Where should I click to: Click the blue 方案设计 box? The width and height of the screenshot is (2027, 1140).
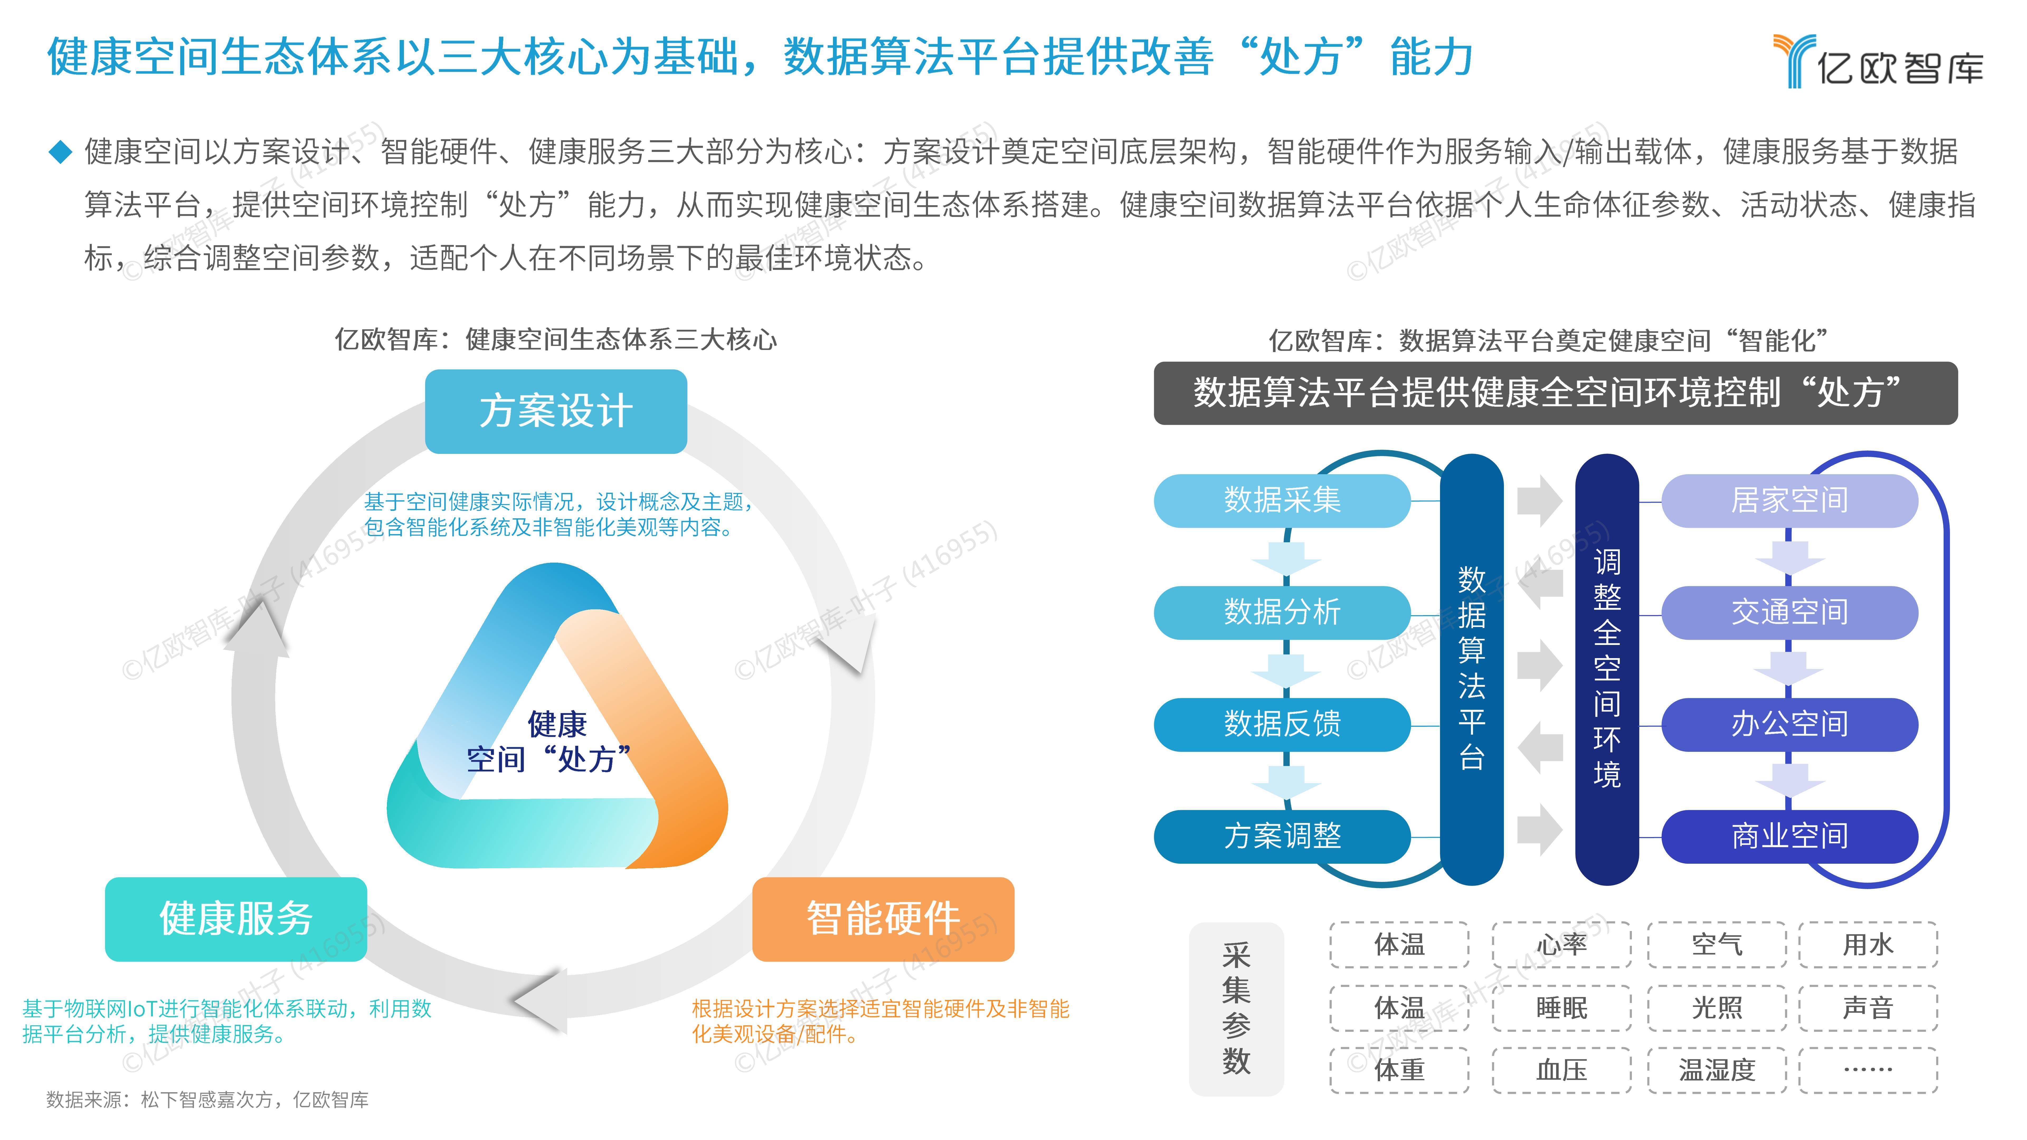[556, 411]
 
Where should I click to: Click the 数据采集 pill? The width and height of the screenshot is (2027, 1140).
[1282, 500]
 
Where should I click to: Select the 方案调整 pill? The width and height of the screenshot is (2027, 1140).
[1282, 836]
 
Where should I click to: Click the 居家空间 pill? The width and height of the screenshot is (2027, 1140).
[1789, 500]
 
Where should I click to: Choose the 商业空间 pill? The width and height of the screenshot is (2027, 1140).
[1789, 836]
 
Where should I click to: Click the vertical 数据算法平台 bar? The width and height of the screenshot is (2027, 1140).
[1471, 669]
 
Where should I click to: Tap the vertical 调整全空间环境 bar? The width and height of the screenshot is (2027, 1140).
[1607, 669]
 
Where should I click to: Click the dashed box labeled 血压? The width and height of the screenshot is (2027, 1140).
[1561, 1070]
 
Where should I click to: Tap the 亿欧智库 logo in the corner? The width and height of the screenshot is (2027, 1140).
[1878, 61]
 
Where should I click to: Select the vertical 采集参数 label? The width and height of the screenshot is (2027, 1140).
[1236, 1009]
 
